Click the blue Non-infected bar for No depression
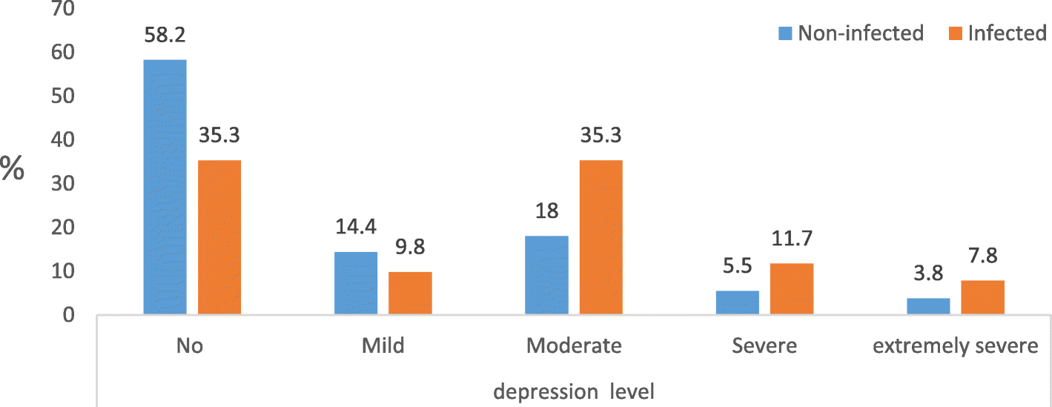coord(165,187)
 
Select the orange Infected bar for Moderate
coord(601,237)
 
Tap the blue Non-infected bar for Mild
coord(356,283)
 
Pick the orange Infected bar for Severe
coord(791,289)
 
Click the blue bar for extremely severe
coord(928,306)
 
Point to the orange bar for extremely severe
coord(983,297)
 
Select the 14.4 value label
coord(356,229)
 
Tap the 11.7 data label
coord(791,240)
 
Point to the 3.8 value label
coord(928,275)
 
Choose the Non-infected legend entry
coord(850,33)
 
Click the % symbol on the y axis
coord(13,169)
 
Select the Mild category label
coord(383,346)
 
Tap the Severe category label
coord(764,346)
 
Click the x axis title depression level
coord(575,390)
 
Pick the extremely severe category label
coord(956,346)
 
